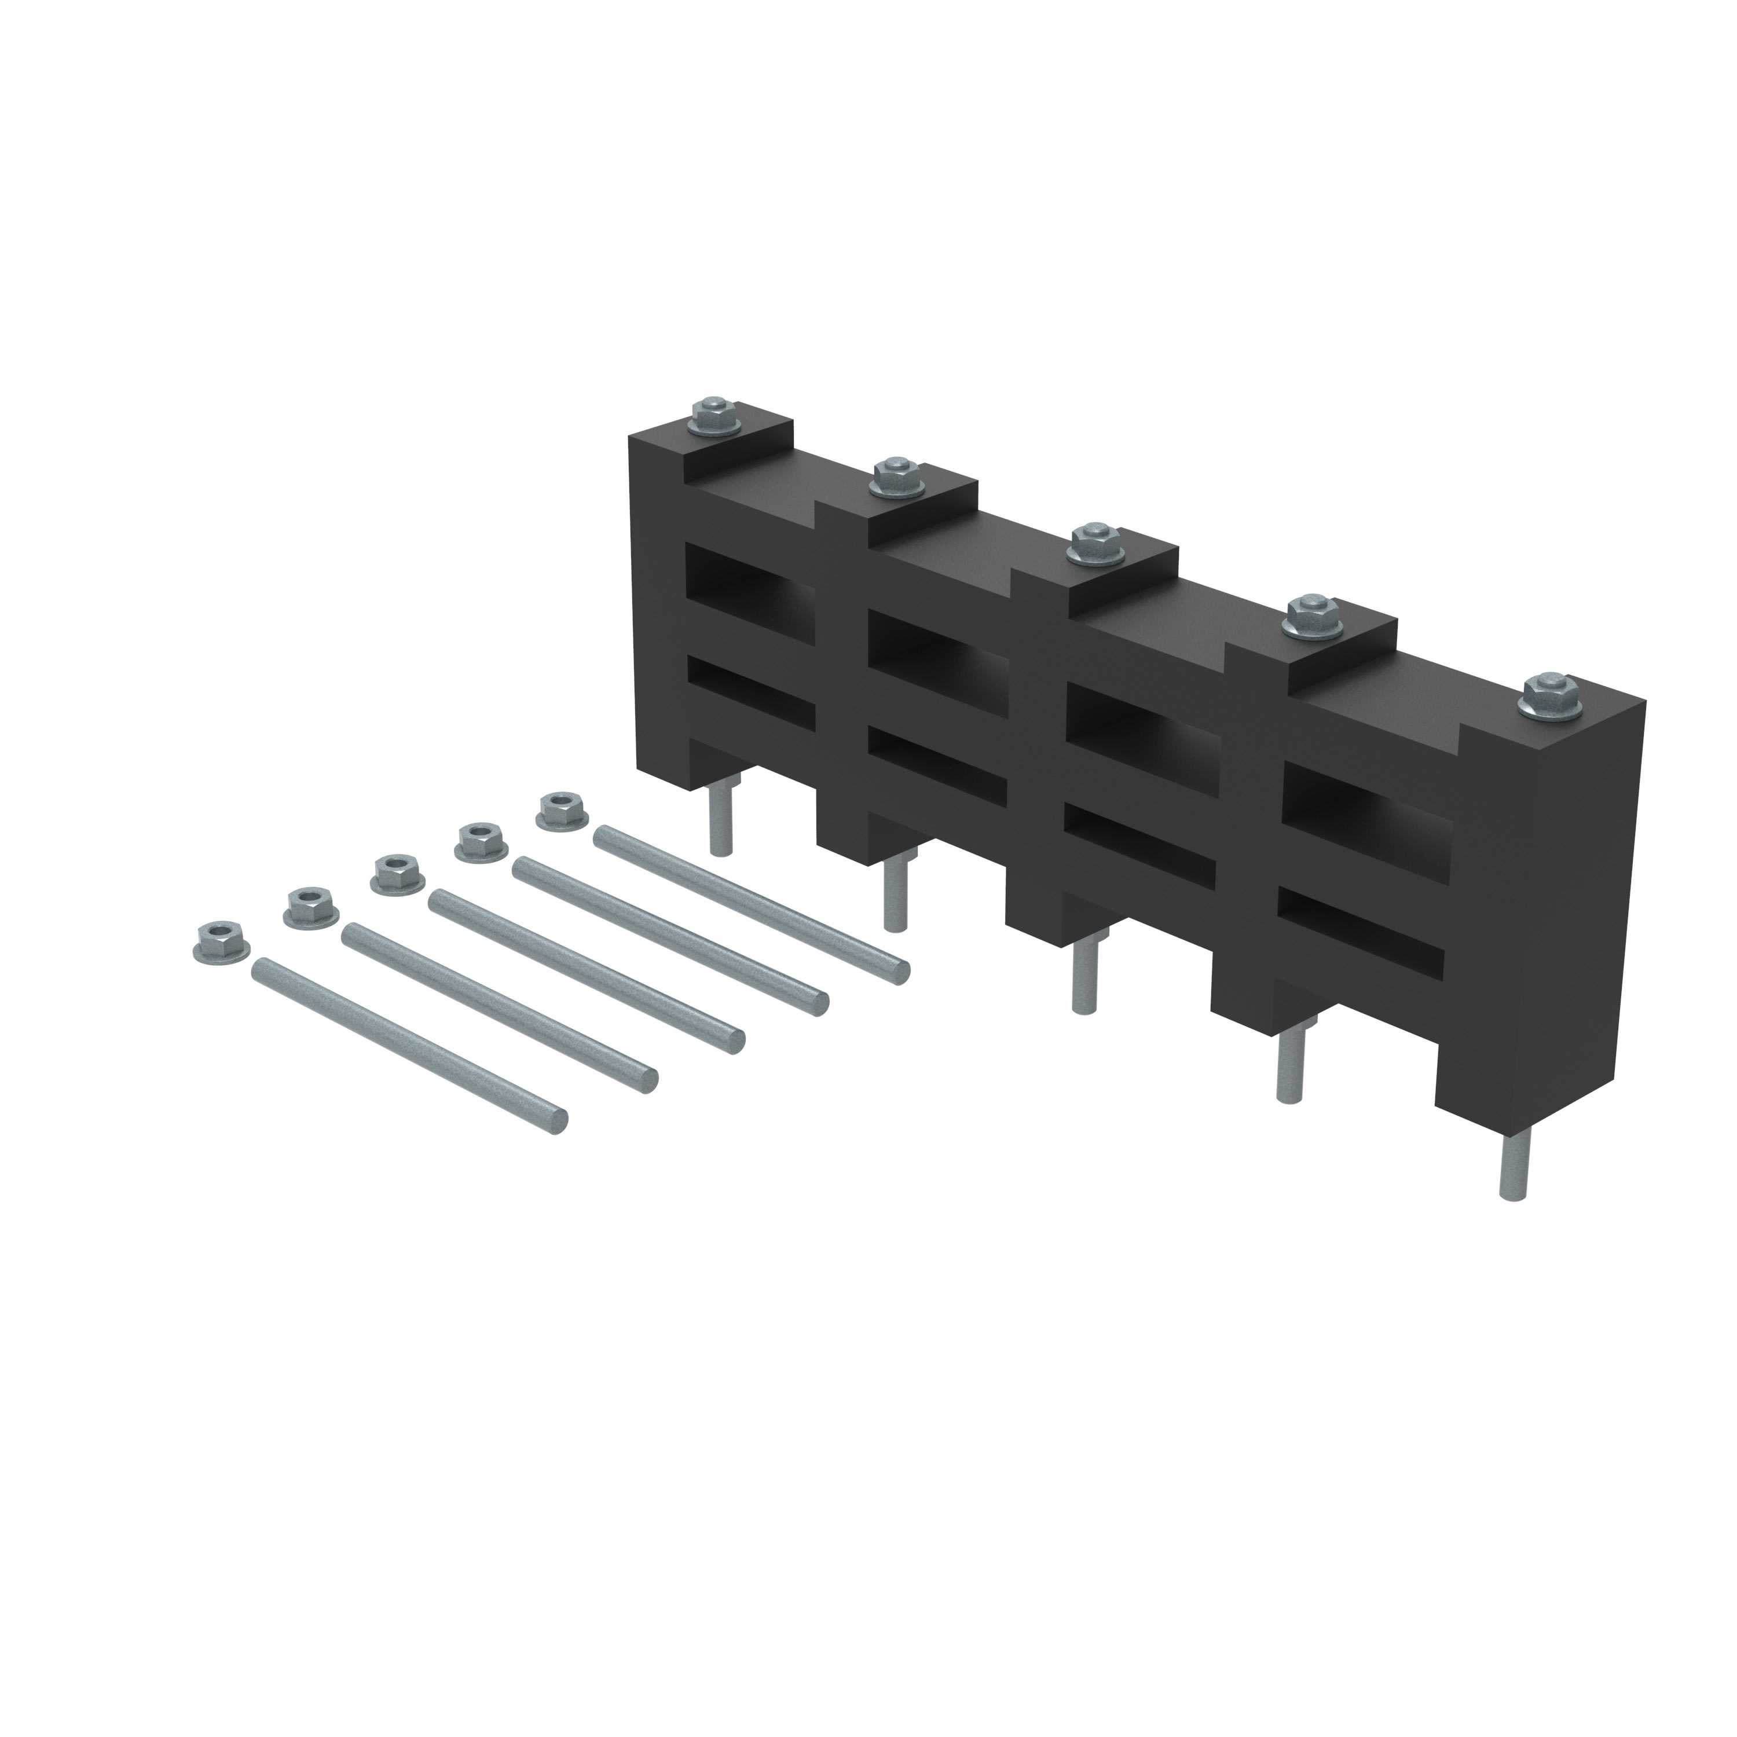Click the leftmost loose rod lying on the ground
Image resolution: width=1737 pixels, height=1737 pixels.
[x=409, y=1042]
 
